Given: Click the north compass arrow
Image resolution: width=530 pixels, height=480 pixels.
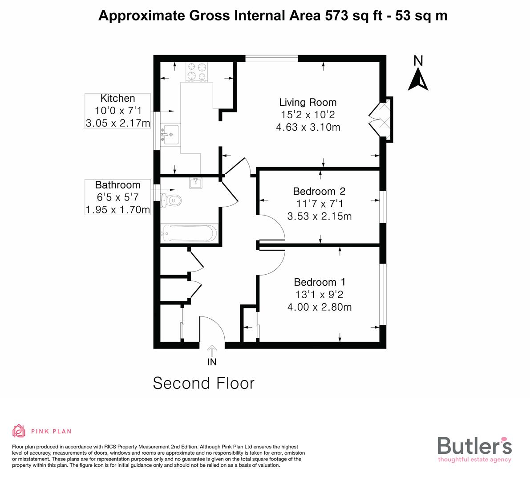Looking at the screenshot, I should click(x=418, y=80).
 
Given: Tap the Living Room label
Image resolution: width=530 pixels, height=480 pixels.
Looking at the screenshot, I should click(x=307, y=102).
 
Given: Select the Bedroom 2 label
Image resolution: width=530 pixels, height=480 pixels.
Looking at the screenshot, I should click(x=319, y=192).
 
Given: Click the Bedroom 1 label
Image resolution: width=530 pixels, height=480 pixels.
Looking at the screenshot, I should click(x=320, y=282).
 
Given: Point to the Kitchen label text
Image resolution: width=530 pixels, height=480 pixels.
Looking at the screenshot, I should click(x=117, y=99).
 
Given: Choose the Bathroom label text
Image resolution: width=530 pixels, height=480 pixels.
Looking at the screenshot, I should click(x=117, y=185).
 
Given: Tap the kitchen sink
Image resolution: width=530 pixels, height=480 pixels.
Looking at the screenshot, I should click(x=169, y=133).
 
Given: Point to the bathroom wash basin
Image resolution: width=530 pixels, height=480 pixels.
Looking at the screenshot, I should click(x=196, y=183).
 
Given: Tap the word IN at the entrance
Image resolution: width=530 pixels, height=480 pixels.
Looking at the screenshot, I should click(x=212, y=362).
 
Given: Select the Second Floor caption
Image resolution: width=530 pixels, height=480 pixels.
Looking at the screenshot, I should click(x=203, y=383).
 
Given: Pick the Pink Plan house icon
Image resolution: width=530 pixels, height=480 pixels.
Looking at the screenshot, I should click(x=19, y=431).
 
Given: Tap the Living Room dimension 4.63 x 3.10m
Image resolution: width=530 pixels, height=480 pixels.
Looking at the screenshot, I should click(x=308, y=128).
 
